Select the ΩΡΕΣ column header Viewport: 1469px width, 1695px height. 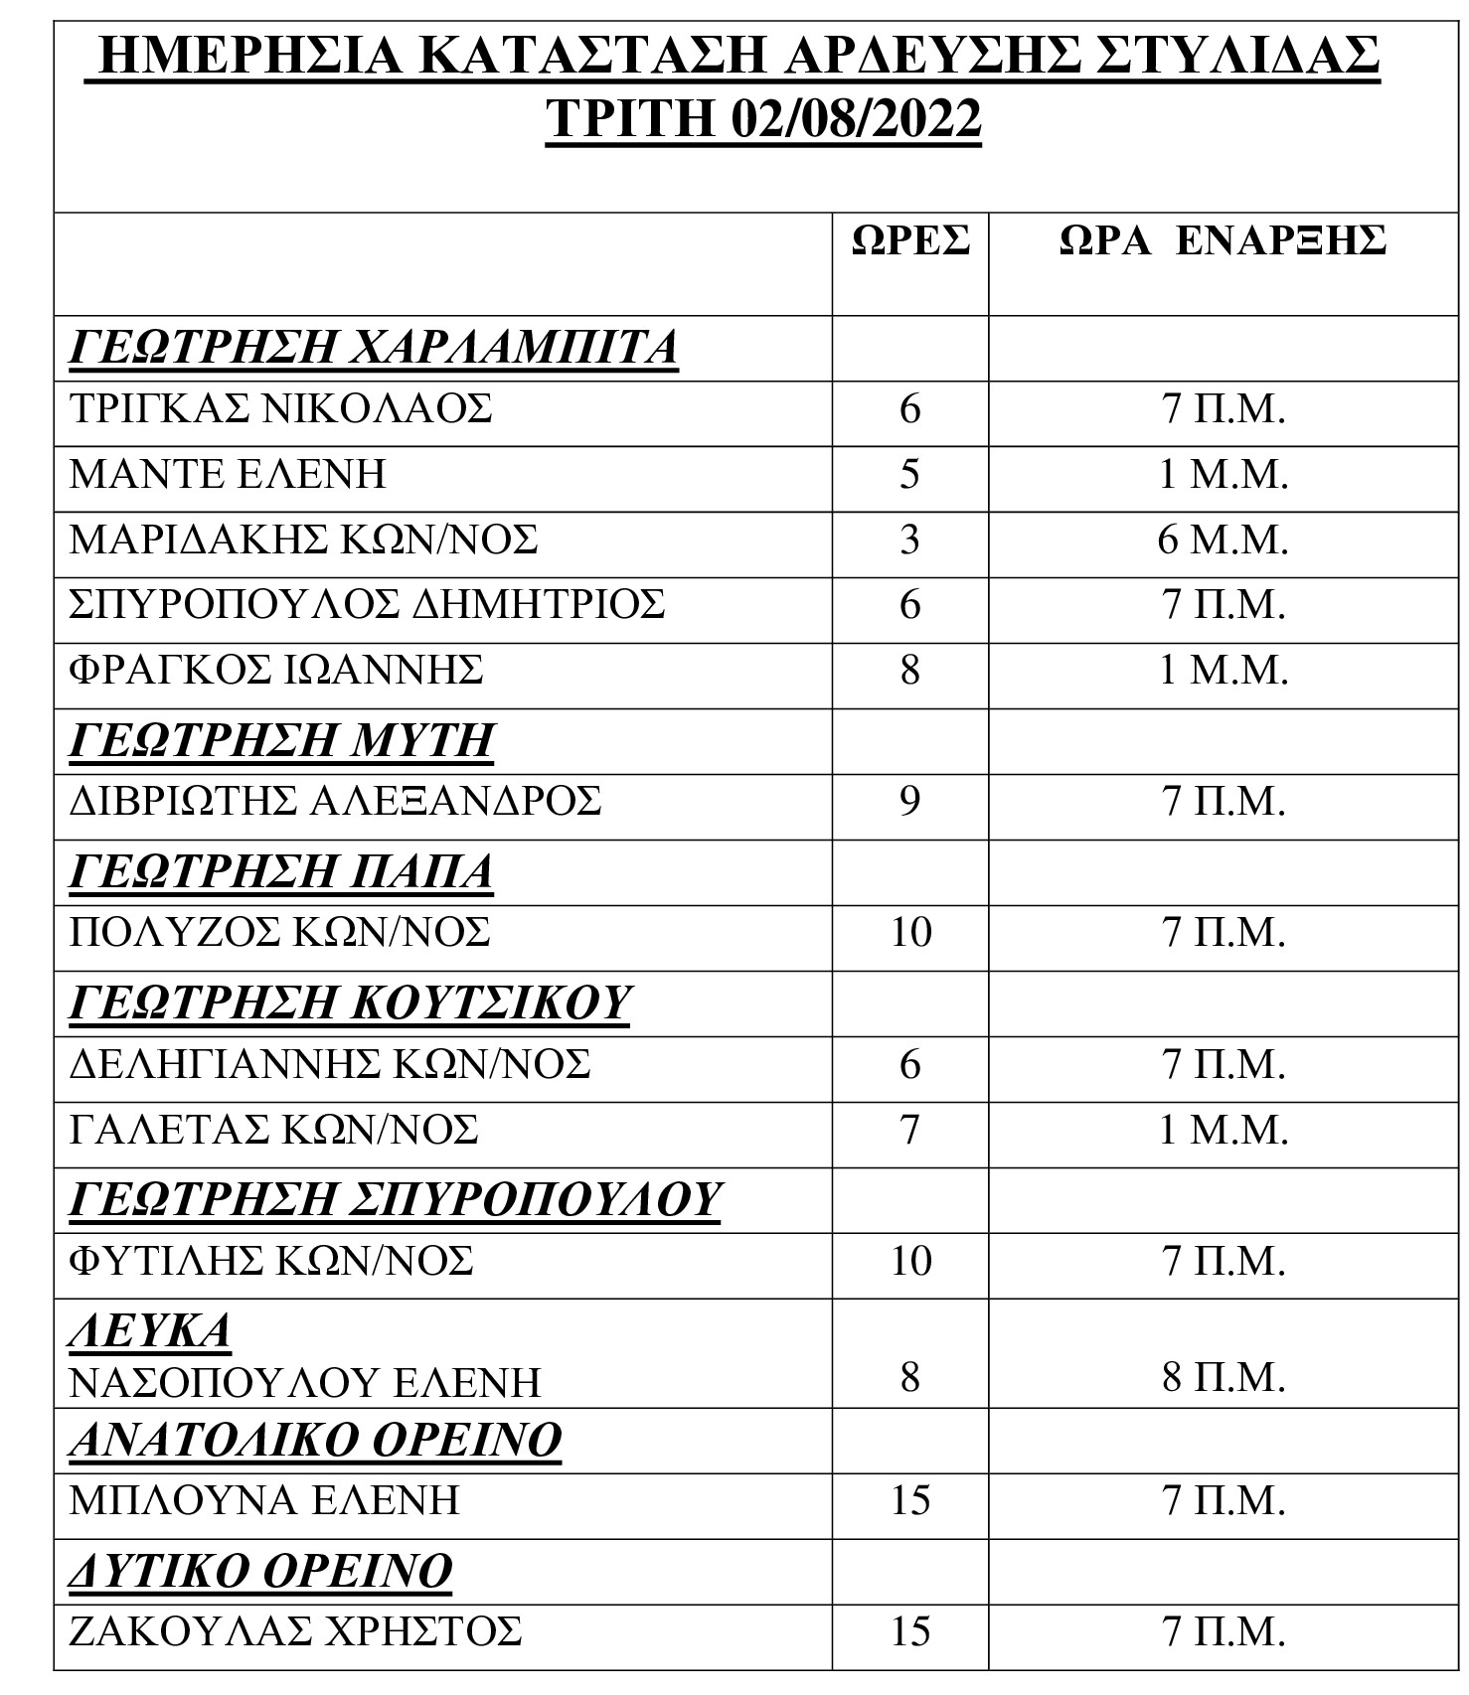pos(910,240)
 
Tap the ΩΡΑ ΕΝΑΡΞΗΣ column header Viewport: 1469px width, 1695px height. pos(1223,240)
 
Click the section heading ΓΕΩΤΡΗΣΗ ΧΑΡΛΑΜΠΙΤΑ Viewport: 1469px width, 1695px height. pos(373,348)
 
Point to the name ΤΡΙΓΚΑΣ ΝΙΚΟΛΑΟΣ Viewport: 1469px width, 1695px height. pos(280,409)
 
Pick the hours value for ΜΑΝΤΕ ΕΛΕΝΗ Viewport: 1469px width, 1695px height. pos(910,474)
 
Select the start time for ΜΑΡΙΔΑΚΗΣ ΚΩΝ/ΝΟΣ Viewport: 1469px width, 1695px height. pos(1223,539)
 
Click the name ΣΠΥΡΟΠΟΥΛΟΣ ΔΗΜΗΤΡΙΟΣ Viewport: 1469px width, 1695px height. pos(367,605)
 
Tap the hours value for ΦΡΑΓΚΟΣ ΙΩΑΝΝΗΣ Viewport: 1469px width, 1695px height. pos(910,671)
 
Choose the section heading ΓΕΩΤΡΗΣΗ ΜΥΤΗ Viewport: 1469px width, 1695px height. pos(281,741)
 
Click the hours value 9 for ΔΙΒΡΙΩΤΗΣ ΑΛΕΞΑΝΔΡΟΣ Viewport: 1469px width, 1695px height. pos(910,801)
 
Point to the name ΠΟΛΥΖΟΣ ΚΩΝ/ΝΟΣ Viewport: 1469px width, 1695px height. pos(280,932)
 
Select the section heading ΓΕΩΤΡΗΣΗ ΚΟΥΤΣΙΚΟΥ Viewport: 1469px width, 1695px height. pos(350,1002)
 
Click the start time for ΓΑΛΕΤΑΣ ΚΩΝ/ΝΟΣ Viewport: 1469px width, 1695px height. pos(1223,1131)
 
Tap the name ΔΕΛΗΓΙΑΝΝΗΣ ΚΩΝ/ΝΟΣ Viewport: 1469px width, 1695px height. pos(330,1065)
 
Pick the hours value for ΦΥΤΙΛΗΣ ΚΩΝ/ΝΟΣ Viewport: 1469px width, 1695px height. pos(910,1261)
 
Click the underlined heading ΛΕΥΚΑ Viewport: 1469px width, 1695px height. pos(150,1330)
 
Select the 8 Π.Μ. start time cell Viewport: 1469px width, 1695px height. pos(1223,1379)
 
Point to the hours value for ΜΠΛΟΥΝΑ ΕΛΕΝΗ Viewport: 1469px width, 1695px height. pos(910,1500)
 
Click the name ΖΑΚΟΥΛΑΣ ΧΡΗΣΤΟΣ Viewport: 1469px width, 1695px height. pos(295,1631)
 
